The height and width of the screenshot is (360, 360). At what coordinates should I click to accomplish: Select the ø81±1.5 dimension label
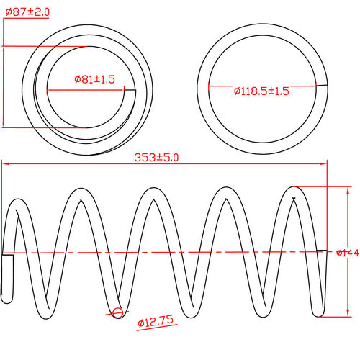tap(94, 79)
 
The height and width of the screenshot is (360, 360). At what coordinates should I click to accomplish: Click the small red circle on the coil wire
tap(118, 311)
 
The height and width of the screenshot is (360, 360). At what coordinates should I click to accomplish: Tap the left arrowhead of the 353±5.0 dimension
tap(5, 165)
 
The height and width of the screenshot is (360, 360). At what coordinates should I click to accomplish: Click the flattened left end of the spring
tap(6, 274)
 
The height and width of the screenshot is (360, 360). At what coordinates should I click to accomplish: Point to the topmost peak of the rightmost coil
tap(295, 189)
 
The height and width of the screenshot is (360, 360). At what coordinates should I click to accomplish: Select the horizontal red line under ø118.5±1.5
tap(263, 87)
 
